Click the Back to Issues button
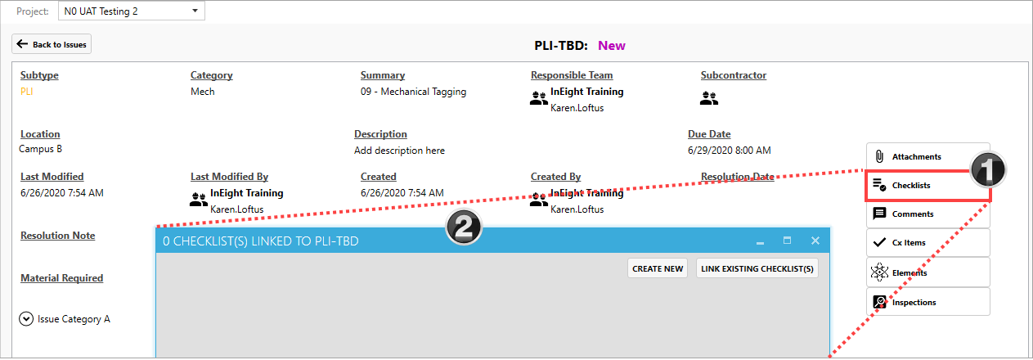pos(52,44)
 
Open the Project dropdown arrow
pos(194,11)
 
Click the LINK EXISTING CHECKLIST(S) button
pos(757,268)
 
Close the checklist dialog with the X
pos(815,241)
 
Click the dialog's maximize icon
pos(787,241)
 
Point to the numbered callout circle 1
pos(987,170)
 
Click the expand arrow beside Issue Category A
pos(26,319)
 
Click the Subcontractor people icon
pos(709,99)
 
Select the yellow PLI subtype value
pos(27,92)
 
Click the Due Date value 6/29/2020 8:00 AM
pos(729,151)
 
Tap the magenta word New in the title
pos(611,45)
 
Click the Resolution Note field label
pos(57,236)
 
